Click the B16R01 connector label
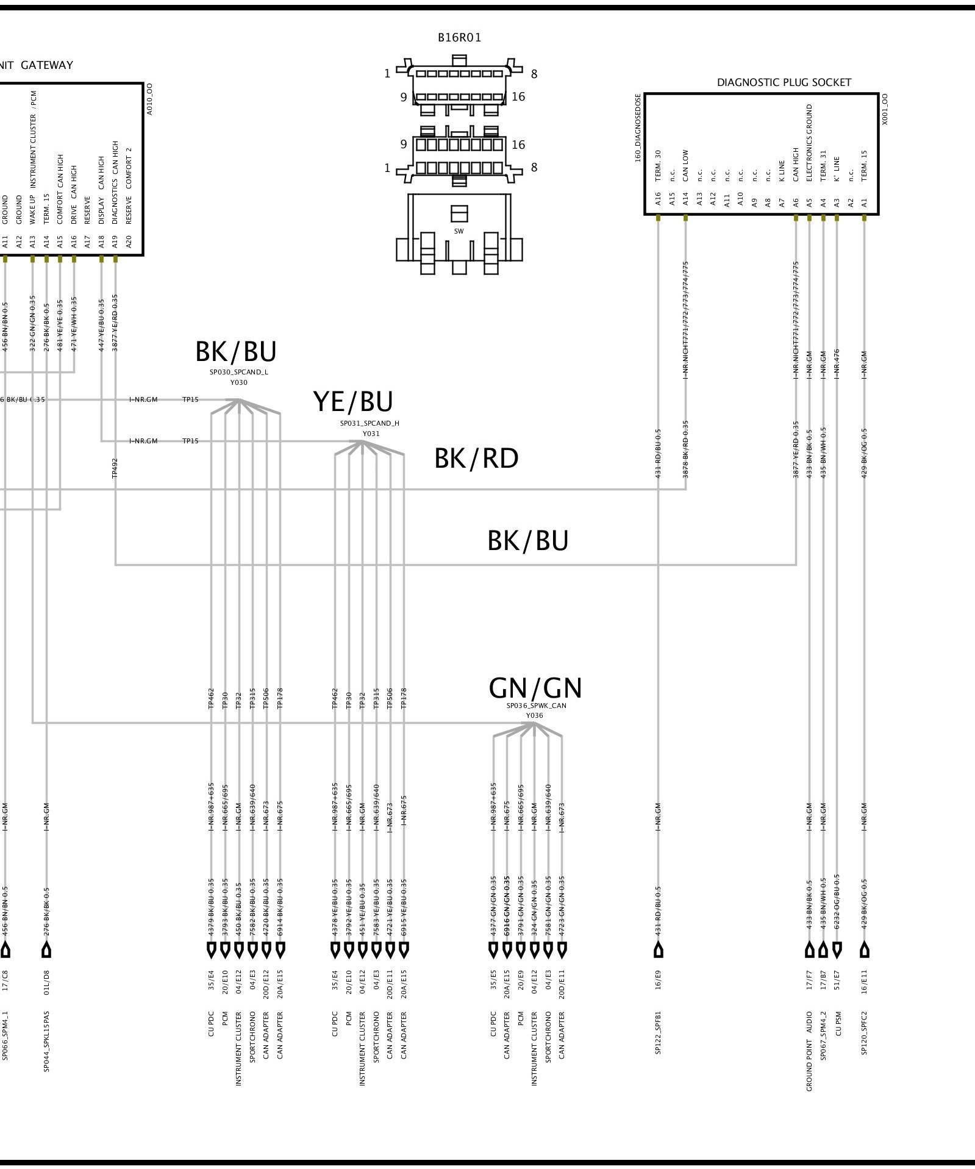point(459,38)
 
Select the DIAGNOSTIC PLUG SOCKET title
point(784,82)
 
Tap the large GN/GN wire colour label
point(535,688)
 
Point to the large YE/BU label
point(353,402)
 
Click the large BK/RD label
point(476,459)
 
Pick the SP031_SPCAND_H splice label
point(370,423)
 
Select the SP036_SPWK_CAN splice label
point(536,706)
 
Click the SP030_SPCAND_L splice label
point(238,372)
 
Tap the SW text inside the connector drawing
point(459,232)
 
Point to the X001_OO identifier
point(885,109)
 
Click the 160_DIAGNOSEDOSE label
point(638,127)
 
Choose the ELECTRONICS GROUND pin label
point(810,143)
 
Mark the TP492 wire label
point(115,468)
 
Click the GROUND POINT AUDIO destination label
point(810,1051)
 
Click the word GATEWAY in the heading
point(47,65)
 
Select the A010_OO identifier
point(149,99)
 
